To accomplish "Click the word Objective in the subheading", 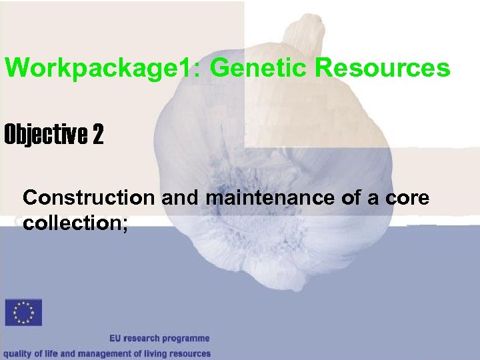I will [46, 136].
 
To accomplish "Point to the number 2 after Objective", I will [98, 136].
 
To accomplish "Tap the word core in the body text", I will [413, 199].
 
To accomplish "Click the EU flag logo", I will [23, 313].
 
